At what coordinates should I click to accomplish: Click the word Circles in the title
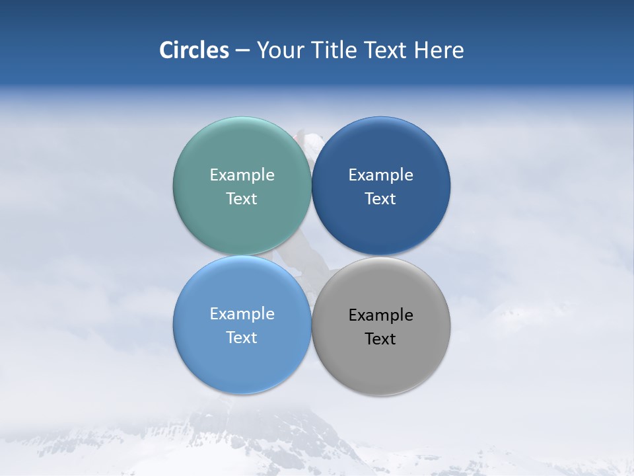(x=194, y=50)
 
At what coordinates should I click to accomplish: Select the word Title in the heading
(x=335, y=50)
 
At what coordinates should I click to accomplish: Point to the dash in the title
(x=242, y=51)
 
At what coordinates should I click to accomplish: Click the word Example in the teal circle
(x=242, y=175)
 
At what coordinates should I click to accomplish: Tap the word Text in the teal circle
(x=242, y=199)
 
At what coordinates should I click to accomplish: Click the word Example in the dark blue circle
(x=380, y=175)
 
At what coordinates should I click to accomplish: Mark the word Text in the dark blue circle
(x=380, y=199)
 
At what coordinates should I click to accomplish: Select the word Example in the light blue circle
(x=242, y=314)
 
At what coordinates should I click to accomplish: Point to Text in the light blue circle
(x=242, y=338)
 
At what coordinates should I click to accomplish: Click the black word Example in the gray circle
(x=380, y=315)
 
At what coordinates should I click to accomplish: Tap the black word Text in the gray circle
(x=380, y=339)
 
